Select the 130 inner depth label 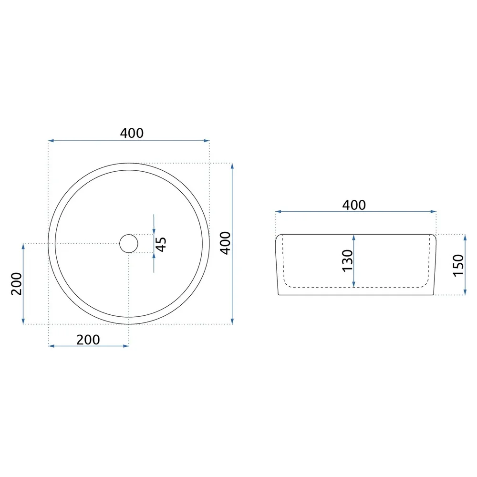tap(347, 261)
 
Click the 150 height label tap(458, 265)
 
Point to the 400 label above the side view tap(354, 205)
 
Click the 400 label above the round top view tap(132, 133)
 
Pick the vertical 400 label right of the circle tap(226, 243)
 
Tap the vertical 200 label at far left tap(16, 284)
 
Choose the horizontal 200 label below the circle tap(88, 340)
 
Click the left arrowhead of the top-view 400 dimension tap(51, 141)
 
